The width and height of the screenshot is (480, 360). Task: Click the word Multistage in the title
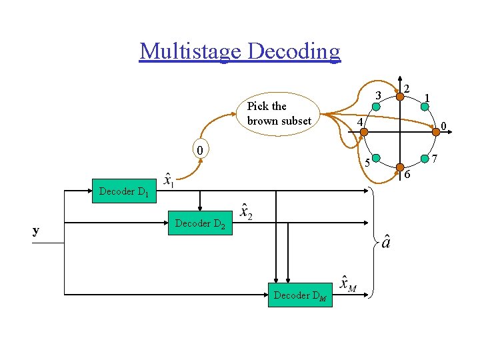click(x=190, y=51)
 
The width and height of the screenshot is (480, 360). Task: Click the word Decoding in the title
click(x=292, y=51)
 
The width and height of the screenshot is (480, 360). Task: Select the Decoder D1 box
click(x=123, y=192)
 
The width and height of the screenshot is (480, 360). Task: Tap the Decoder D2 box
click(x=199, y=223)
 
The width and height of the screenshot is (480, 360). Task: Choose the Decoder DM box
click(x=300, y=295)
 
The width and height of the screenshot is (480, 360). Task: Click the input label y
click(x=36, y=231)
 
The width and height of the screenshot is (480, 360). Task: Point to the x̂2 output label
click(x=246, y=212)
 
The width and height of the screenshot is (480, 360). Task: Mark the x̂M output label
click(x=347, y=283)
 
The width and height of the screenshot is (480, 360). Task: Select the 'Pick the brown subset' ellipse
click(x=278, y=114)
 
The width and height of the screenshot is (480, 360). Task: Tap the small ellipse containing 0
click(x=199, y=149)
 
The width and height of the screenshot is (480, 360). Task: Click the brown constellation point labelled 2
click(x=400, y=96)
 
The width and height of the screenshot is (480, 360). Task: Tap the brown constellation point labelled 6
click(x=400, y=166)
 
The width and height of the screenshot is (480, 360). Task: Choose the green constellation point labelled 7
click(x=424, y=159)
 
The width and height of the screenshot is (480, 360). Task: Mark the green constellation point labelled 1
click(x=425, y=106)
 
